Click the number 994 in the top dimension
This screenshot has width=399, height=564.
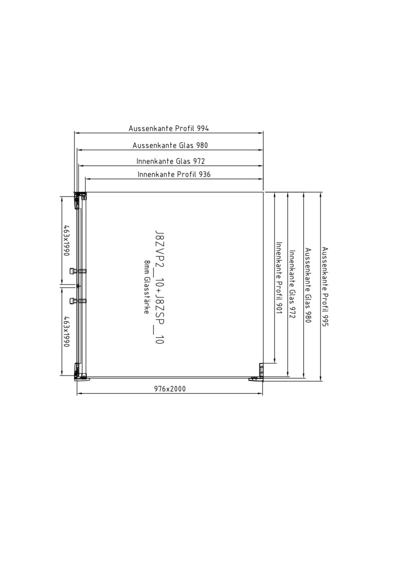pos(202,128)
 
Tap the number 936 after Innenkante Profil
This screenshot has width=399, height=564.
pos(204,174)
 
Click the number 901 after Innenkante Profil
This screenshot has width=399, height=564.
pos(279,307)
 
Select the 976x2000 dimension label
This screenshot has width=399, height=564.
pos(170,389)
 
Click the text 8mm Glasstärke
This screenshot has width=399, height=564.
pos(146,287)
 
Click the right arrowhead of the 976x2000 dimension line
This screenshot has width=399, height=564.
pos(260,394)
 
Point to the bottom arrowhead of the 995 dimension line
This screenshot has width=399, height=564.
pos(320,378)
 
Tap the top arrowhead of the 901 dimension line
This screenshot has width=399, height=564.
pos(275,195)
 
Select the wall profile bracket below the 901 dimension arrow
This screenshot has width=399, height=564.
pos(261,369)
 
